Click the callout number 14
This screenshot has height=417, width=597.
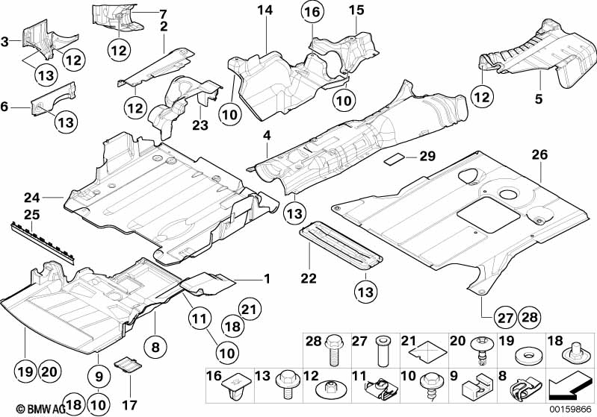(x=265, y=10)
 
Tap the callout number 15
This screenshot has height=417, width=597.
(x=356, y=10)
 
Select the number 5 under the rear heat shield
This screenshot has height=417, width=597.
(x=539, y=98)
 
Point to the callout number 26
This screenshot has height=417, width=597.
(x=540, y=154)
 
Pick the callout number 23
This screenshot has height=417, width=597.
(x=200, y=125)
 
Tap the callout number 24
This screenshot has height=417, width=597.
(x=32, y=198)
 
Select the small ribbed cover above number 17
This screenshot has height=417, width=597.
(x=128, y=364)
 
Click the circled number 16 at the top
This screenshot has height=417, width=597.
(x=312, y=12)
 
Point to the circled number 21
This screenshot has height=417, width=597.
(x=250, y=310)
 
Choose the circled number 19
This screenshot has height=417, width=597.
(x=26, y=371)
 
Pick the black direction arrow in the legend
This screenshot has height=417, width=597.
(x=568, y=385)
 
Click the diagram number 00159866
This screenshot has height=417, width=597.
(x=570, y=410)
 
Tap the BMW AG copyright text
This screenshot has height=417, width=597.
(x=41, y=409)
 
